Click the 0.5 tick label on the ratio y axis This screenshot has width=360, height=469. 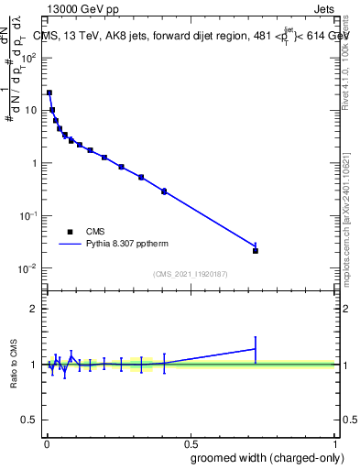pos(29,420)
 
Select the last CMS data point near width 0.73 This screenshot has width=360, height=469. pos(256,250)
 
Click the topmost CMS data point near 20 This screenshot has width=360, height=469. pos(49,93)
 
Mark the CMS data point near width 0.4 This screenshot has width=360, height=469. pos(164,191)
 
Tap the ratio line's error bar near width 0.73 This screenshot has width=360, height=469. pos(256,349)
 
